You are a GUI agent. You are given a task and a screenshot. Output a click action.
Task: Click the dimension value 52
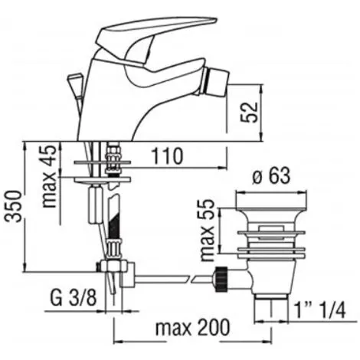pos(249,113)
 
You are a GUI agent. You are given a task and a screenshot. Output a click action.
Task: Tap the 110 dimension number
pos(167,155)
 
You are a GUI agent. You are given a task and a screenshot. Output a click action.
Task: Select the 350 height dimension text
pos(13,206)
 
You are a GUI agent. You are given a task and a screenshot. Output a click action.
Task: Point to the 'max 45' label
pos(48,177)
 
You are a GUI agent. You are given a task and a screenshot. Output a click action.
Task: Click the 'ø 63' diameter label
pos(271,175)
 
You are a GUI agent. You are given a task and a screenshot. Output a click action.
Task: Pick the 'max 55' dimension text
pos(207,230)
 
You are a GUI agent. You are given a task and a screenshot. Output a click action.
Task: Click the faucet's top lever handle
pos(153,32)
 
